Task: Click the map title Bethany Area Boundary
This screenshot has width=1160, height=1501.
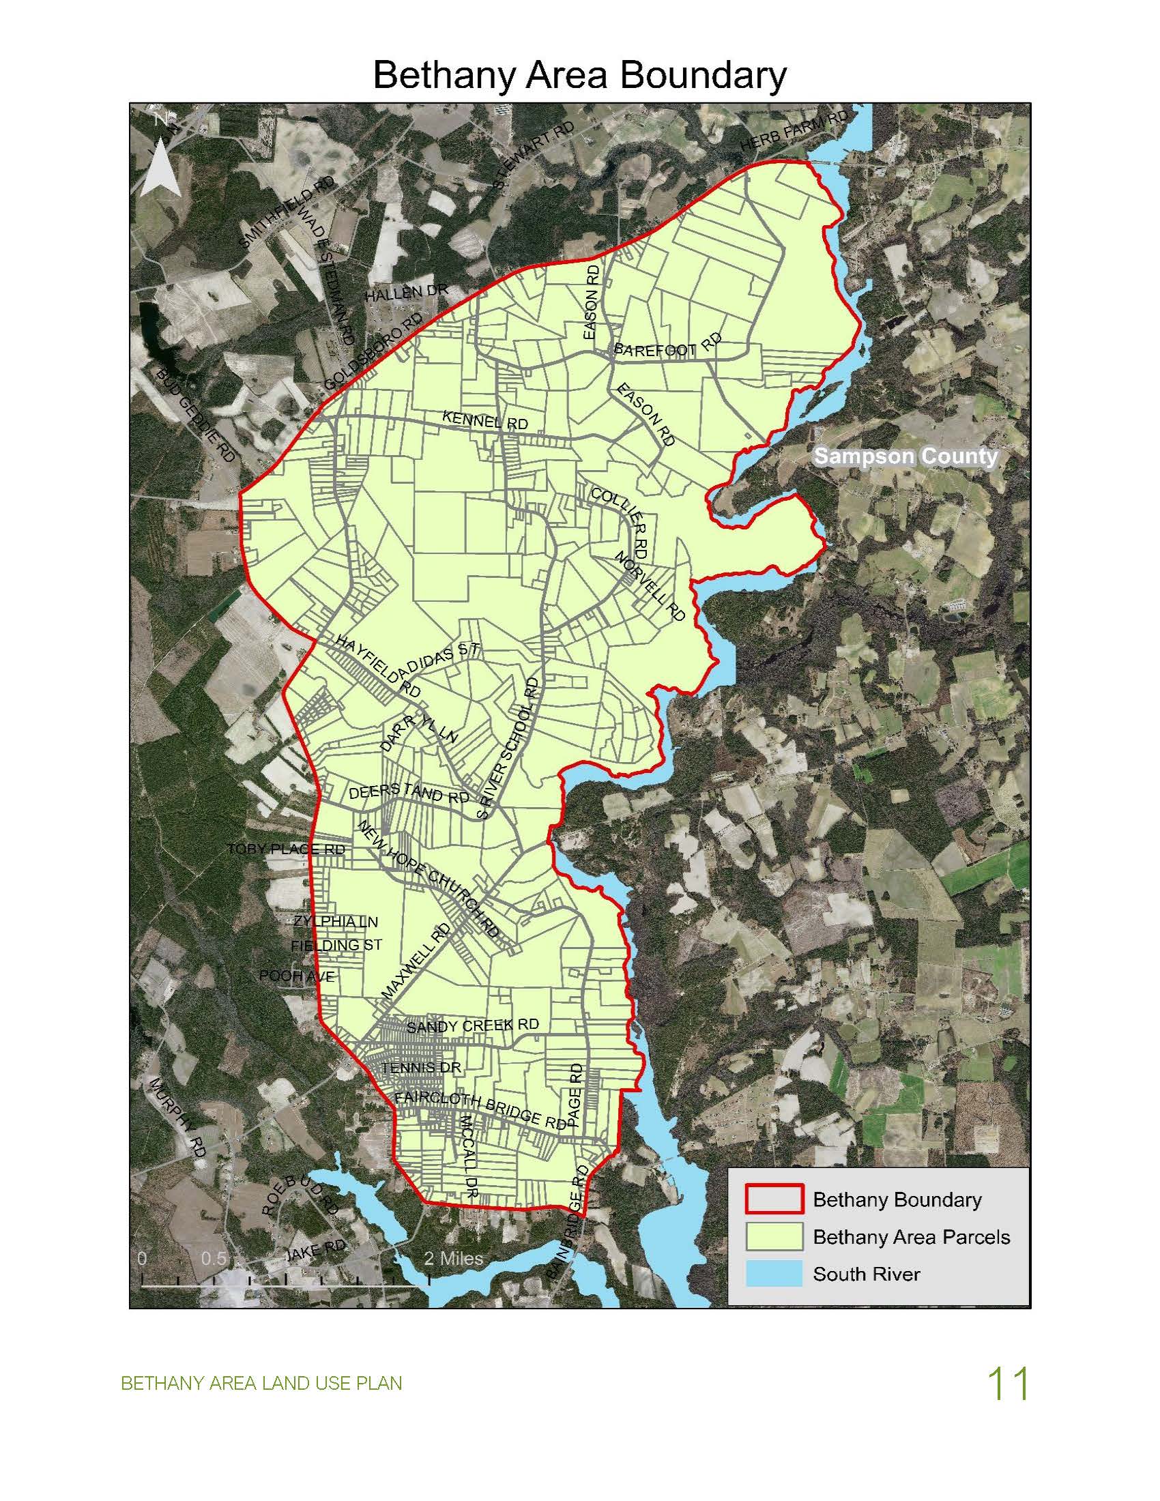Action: click(579, 75)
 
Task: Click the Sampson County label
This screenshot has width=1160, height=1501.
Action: click(905, 456)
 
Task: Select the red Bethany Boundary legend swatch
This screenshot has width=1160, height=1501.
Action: click(773, 1199)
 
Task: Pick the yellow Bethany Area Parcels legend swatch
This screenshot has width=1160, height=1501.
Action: click(773, 1236)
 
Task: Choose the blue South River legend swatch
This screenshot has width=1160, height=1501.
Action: click(773, 1274)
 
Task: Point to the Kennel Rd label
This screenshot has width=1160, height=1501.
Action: click(485, 420)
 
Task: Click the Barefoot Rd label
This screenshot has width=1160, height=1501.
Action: click(667, 345)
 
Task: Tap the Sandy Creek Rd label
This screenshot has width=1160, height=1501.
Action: click(473, 1025)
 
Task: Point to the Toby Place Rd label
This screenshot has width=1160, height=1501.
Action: click(287, 849)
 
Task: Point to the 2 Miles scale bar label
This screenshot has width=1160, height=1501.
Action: click(454, 1258)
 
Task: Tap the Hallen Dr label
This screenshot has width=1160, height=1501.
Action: click(406, 293)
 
